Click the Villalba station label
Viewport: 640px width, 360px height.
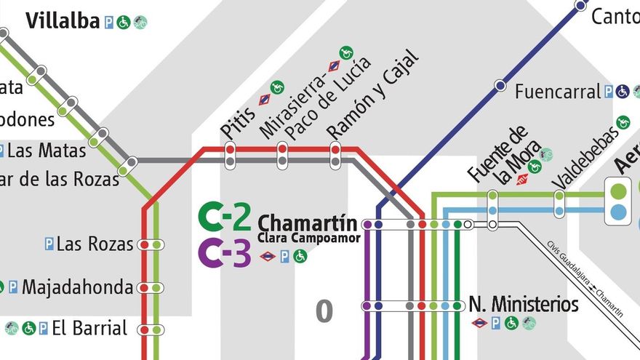pyautogui.click(x=63, y=21)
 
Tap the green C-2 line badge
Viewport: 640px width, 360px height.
pyautogui.click(x=225, y=217)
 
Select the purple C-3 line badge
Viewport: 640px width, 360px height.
pyautogui.click(x=225, y=253)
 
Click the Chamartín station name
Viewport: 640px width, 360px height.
pyautogui.click(x=308, y=223)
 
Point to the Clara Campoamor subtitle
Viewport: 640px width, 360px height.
pyautogui.click(x=308, y=238)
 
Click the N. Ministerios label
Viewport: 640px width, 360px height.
pyautogui.click(x=524, y=304)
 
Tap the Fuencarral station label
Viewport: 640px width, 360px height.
pyautogui.click(x=558, y=92)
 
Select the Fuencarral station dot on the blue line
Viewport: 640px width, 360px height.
pyautogui.click(x=500, y=86)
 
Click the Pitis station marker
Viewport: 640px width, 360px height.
pyautogui.click(x=230, y=154)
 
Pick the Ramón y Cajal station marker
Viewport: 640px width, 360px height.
pyautogui.click(x=335, y=154)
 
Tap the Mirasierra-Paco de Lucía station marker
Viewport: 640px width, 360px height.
pyautogui.click(x=282, y=154)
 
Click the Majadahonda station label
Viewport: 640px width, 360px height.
pyautogui.click(x=77, y=287)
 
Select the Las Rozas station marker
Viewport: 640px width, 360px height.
pyautogui.click(x=151, y=245)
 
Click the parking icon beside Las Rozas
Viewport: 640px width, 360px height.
pyautogui.click(x=49, y=244)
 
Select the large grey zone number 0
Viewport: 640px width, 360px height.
pyautogui.click(x=324, y=311)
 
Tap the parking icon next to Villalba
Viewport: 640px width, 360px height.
pyautogui.click(x=109, y=22)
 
